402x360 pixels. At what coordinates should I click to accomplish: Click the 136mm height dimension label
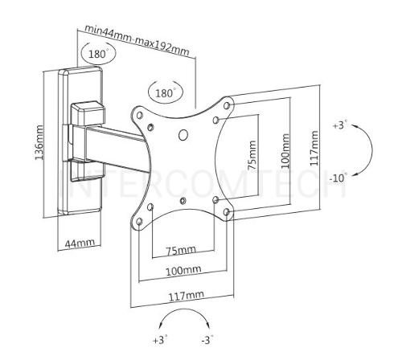click(39, 142)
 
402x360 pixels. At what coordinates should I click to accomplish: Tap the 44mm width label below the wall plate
click(80, 243)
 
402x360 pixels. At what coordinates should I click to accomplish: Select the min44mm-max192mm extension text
click(137, 39)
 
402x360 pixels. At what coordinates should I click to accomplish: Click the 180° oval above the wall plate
click(99, 53)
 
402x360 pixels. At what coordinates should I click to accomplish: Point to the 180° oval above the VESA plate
click(166, 92)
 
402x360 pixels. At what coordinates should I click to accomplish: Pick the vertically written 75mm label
click(252, 155)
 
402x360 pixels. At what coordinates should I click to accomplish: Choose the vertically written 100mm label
click(285, 151)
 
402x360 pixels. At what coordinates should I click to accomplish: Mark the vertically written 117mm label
click(314, 148)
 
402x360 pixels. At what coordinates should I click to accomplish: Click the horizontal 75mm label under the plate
click(181, 251)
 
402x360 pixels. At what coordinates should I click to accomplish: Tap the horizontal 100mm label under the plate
click(183, 271)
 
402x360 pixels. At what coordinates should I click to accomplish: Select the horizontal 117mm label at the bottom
click(186, 296)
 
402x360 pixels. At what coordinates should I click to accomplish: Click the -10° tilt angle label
click(338, 178)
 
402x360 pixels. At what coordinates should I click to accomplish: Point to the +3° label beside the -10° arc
click(340, 125)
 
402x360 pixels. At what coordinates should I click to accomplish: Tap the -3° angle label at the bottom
click(207, 340)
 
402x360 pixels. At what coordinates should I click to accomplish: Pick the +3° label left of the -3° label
click(161, 340)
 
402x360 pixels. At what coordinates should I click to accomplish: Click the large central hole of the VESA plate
click(183, 135)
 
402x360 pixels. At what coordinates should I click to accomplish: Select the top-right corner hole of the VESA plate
click(227, 105)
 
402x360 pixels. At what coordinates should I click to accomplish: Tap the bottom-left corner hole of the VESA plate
click(139, 222)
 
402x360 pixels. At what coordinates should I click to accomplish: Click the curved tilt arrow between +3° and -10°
click(372, 149)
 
